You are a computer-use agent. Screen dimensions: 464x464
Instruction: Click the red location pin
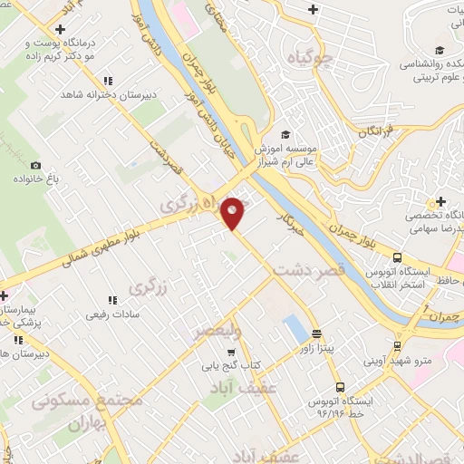pos(234,213)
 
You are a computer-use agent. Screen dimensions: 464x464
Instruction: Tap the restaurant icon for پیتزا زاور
pos(315,333)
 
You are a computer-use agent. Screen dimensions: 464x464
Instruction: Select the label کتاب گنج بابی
pos(256,364)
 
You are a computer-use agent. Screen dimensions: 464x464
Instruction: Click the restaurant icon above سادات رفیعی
pos(113,300)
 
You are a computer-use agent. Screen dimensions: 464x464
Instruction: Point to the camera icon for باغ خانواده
pos(36,166)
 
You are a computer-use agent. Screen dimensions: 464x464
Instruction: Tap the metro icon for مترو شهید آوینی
pos(398,345)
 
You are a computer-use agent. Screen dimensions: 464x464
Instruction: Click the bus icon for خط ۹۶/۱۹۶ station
pos(340,387)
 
